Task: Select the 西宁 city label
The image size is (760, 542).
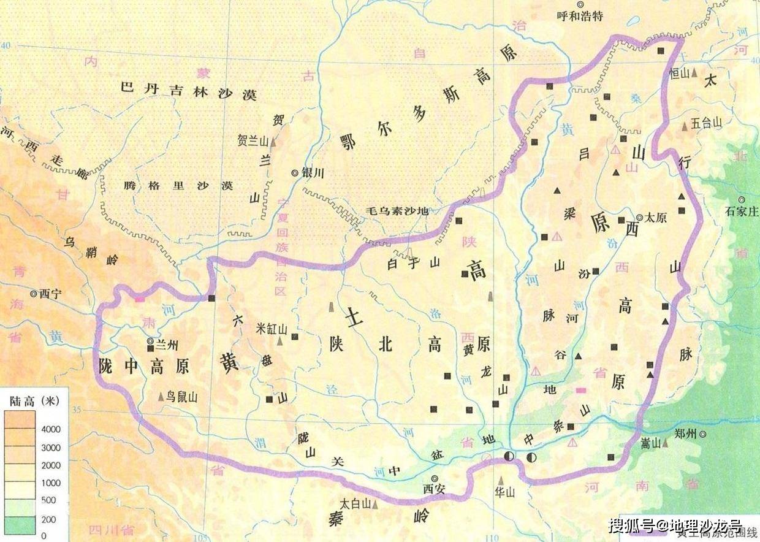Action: tap(51, 294)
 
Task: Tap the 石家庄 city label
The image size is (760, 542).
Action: tap(742, 212)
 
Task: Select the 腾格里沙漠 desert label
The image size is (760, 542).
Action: tap(178, 185)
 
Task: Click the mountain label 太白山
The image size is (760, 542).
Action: tap(356, 503)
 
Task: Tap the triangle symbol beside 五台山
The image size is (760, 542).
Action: tap(685, 126)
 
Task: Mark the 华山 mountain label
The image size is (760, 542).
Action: tap(506, 492)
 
